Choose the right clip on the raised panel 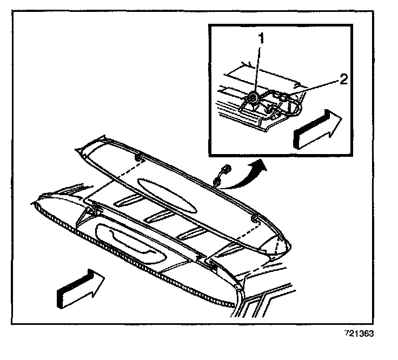254,220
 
